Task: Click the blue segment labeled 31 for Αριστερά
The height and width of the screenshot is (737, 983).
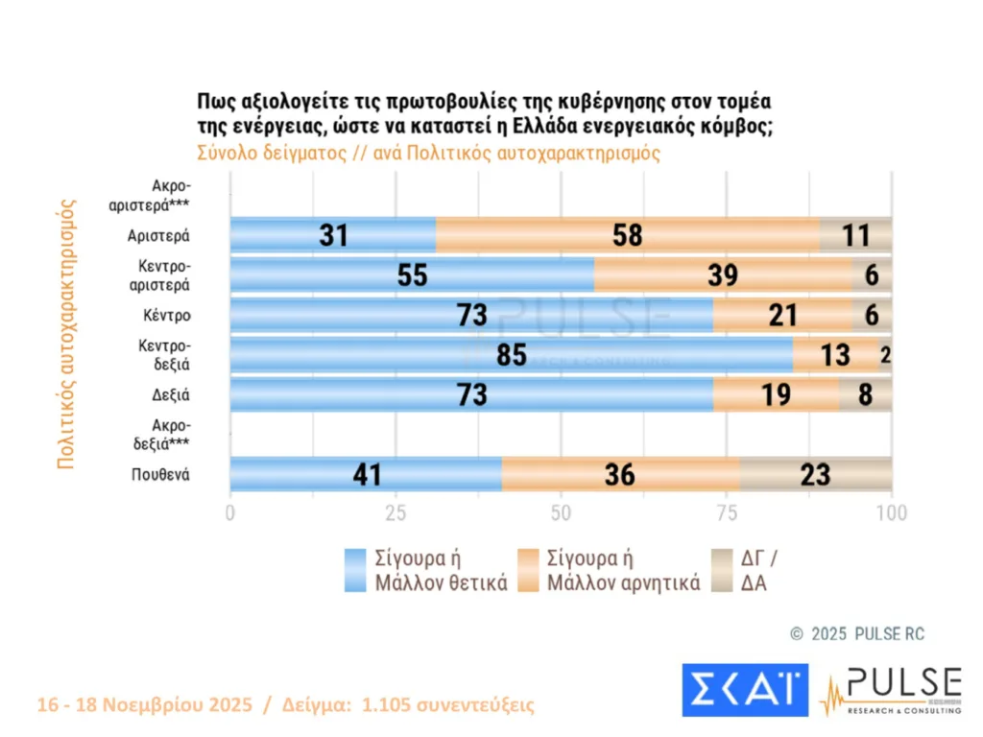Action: tap(333, 235)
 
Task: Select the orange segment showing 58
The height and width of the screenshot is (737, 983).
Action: tap(627, 235)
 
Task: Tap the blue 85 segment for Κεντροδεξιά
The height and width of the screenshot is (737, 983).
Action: tap(511, 355)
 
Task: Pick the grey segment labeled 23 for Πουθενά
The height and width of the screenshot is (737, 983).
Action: tap(815, 474)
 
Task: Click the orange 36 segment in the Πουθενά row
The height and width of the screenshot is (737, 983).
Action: tap(620, 474)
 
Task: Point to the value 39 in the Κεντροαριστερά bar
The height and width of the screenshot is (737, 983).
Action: tap(723, 275)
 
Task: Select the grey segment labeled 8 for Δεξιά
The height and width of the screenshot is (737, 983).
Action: tap(865, 394)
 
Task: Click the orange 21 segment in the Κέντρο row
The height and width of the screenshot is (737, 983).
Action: tap(782, 315)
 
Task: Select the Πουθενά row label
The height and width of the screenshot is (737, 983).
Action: tap(160, 473)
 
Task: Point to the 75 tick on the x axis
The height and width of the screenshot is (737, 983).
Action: tap(727, 513)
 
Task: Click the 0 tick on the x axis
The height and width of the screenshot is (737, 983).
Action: tap(230, 513)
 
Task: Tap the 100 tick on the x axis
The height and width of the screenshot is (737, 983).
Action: tap(892, 513)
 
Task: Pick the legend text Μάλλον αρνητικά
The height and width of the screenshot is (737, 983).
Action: tap(624, 582)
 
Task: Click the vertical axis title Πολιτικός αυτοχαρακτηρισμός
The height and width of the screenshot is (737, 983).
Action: tap(66, 332)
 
